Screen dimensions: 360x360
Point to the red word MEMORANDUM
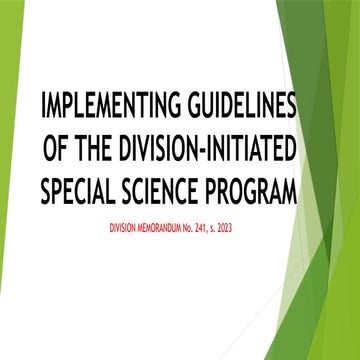[x=167, y=229]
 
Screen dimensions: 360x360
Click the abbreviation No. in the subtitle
[x=200, y=229]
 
